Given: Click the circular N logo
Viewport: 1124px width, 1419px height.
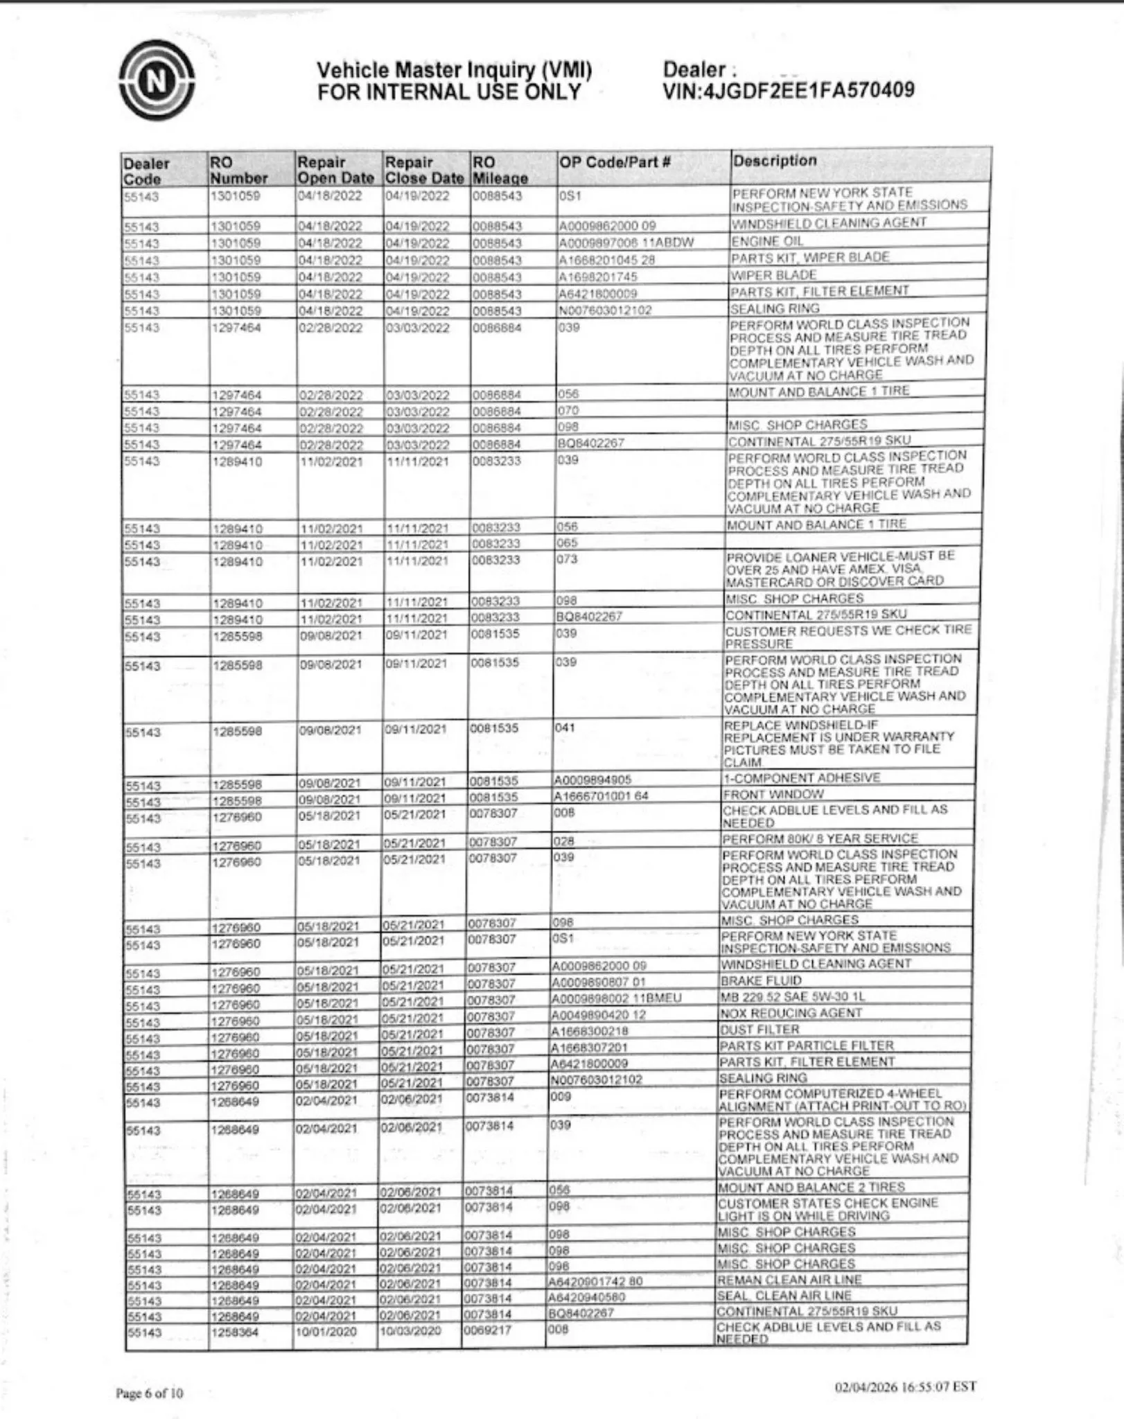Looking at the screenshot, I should coord(157,80).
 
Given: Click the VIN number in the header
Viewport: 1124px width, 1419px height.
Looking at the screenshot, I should coord(788,91).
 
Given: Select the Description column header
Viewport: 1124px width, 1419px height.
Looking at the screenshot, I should coord(775,161).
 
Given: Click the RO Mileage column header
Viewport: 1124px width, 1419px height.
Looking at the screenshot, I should coord(500,170).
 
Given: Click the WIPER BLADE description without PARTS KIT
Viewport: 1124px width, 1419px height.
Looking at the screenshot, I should coord(764,274).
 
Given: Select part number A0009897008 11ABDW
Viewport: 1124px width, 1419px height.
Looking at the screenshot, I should coord(626,242).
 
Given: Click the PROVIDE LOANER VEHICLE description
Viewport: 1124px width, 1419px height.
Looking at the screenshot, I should coord(839,568).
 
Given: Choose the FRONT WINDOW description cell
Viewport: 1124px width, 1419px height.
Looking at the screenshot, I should coord(773,794).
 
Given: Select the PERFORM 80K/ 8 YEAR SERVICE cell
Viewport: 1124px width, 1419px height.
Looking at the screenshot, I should coord(820,838).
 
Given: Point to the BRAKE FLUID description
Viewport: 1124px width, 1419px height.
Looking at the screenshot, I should coord(761,980).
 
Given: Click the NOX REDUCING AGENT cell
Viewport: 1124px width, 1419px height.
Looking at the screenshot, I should coord(791,1013).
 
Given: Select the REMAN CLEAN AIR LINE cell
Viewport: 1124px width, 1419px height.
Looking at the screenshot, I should coord(789,1280).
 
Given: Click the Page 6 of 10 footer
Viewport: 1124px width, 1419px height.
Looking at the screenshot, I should coord(150,1393).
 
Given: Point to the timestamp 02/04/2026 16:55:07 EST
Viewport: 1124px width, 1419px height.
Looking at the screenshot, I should coord(905,1386).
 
